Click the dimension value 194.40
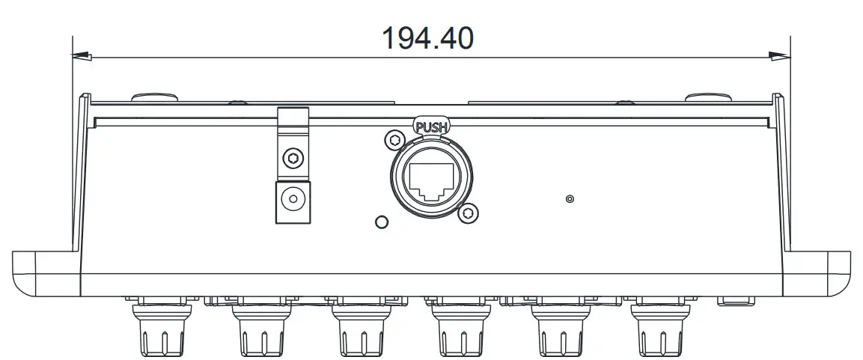(x=427, y=37)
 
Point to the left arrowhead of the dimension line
(x=82, y=55)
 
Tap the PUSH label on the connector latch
(x=430, y=127)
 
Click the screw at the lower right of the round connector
(x=468, y=213)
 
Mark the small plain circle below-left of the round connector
(x=381, y=222)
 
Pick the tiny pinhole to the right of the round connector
(x=570, y=199)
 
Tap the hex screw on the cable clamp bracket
(x=293, y=158)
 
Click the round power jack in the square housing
(x=293, y=201)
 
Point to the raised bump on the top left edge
(x=154, y=97)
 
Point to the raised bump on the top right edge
(x=708, y=97)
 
